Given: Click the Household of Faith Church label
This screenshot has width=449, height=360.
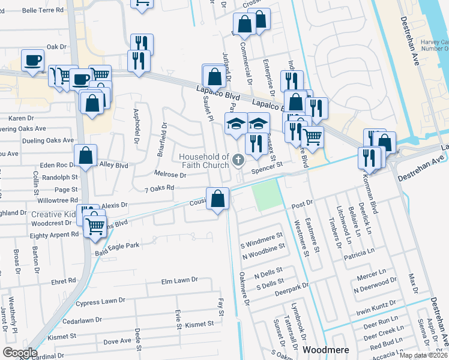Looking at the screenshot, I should [x=204, y=161].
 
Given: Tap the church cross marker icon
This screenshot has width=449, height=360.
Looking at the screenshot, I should [x=238, y=160].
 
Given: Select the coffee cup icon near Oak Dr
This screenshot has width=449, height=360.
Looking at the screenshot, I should [x=32, y=60].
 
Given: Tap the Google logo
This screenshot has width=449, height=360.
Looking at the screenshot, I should [x=19, y=352].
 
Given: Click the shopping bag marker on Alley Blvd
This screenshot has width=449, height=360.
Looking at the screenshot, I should [x=86, y=155].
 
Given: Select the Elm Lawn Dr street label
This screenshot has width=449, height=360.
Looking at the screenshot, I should [x=179, y=280].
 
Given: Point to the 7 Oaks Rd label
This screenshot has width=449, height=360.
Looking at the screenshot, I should [x=159, y=188].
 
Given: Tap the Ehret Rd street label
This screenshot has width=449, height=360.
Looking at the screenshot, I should [x=64, y=280].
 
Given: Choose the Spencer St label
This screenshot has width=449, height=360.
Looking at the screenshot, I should [x=267, y=170].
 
